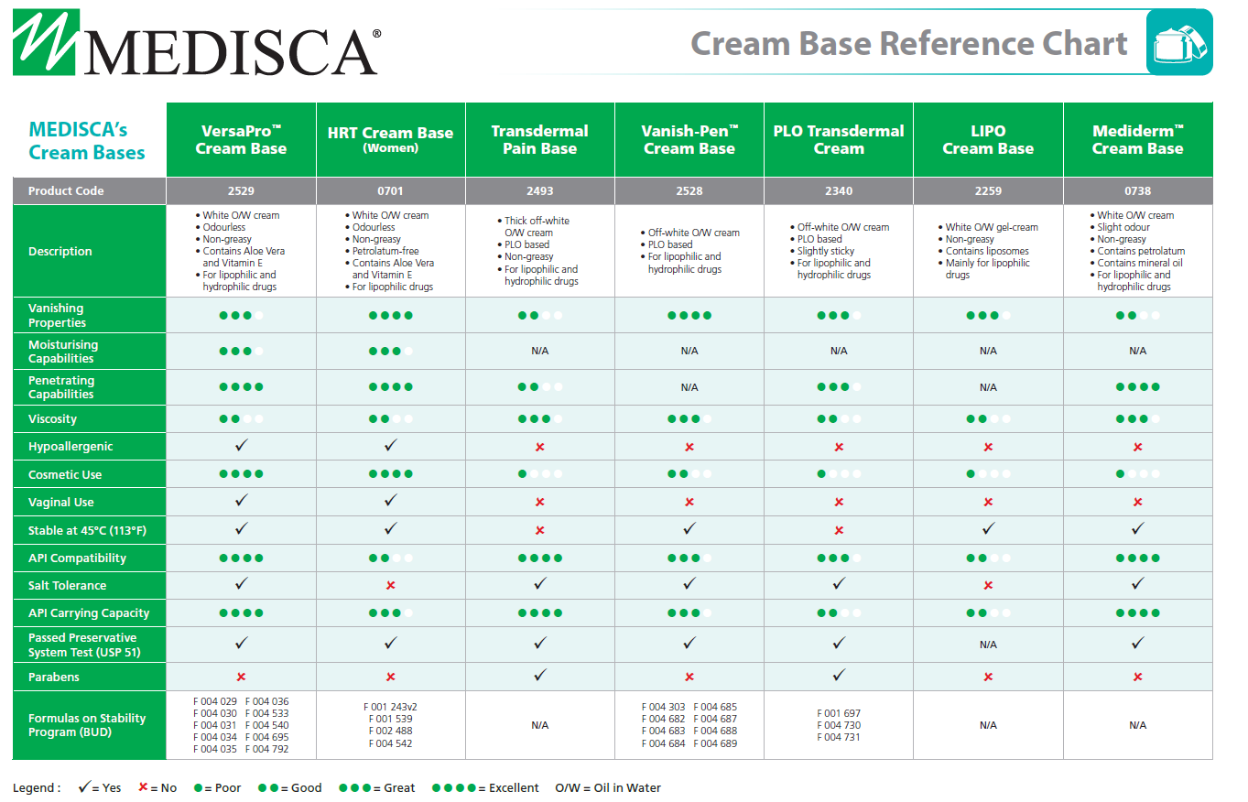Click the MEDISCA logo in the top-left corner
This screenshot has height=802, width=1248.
195,43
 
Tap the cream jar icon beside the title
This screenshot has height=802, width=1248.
1179,43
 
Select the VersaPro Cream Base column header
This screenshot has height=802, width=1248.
241,140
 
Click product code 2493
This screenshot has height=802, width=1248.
540,191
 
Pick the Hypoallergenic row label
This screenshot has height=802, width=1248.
71,447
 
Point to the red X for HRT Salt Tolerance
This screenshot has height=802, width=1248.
391,585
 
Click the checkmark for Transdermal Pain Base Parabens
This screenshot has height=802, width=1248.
540,676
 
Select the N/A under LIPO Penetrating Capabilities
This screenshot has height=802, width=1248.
988,387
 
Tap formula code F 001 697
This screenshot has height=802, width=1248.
839,713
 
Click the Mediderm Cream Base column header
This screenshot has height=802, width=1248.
1137,140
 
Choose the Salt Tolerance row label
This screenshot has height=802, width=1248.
67,586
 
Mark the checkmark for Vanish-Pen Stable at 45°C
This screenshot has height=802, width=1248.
689,529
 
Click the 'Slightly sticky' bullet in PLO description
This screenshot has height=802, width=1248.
826,251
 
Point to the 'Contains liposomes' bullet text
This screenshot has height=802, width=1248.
987,251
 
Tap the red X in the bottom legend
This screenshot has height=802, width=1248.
143,788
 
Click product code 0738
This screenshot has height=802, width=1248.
1137,191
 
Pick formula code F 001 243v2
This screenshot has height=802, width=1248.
391,707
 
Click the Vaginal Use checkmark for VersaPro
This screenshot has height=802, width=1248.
242,501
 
